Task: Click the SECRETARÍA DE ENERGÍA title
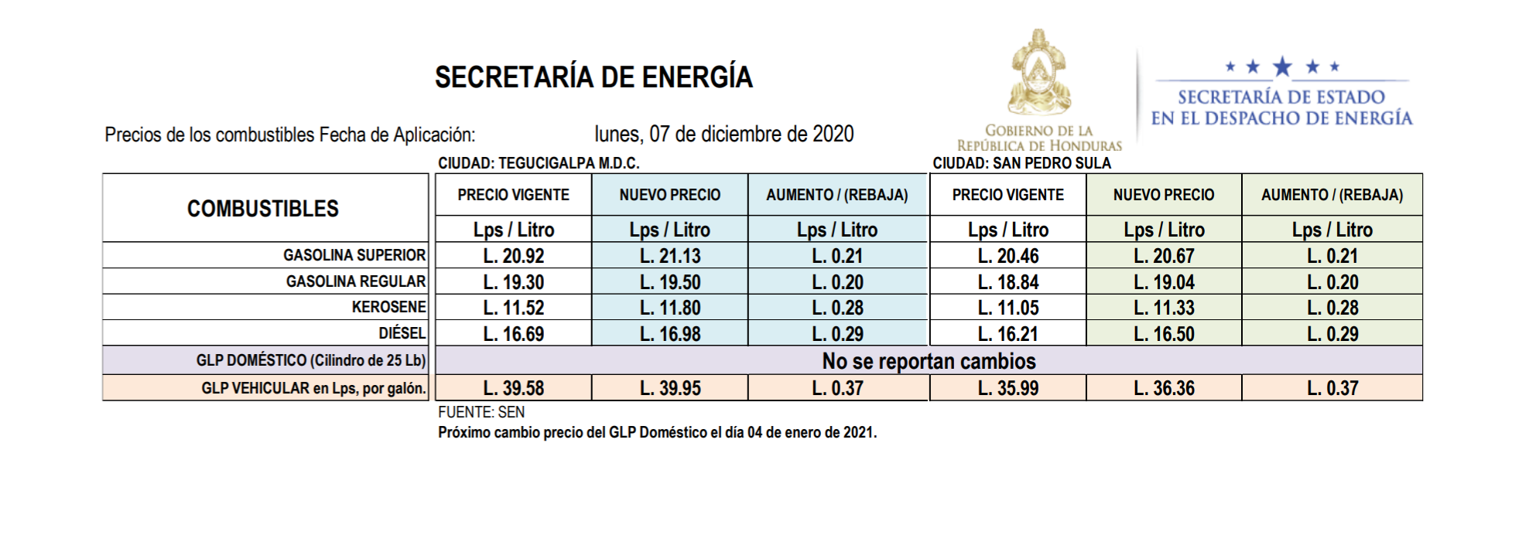tap(593, 77)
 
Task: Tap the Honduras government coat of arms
tap(1038, 73)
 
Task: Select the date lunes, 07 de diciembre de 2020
tap(723, 135)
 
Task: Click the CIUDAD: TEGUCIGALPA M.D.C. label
tap(539, 163)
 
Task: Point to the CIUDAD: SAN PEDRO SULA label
tap(1021, 163)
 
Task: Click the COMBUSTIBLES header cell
tap(263, 209)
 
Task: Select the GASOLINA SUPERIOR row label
tap(354, 255)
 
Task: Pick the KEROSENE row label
tap(388, 307)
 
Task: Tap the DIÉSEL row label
tap(402, 333)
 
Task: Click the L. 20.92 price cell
tap(514, 256)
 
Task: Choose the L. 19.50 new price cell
tap(670, 282)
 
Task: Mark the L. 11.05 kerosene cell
tap(1008, 308)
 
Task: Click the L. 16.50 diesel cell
tap(1164, 334)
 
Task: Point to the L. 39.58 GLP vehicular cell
tap(514, 388)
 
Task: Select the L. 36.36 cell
tap(1164, 388)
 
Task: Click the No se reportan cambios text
tap(929, 361)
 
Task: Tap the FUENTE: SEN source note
tap(481, 412)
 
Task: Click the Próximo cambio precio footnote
tap(657, 432)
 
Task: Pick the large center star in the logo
tap(1282, 66)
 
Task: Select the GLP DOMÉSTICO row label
tap(310, 360)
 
